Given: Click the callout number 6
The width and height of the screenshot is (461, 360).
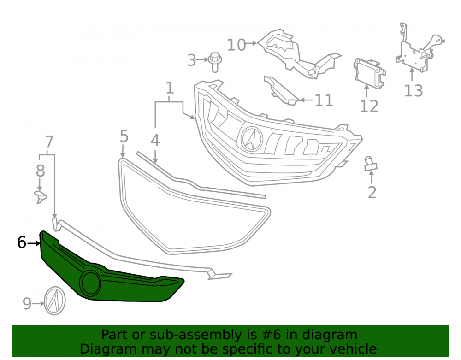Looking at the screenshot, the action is pyautogui.click(x=22, y=242).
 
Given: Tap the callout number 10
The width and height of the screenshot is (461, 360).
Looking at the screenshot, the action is pyautogui.click(x=236, y=45).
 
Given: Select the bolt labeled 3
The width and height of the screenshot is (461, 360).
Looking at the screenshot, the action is pyautogui.click(x=215, y=62).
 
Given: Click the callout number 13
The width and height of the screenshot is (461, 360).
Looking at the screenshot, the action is pyautogui.click(x=414, y=90).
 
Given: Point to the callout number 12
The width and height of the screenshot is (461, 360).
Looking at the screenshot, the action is pyautogui.click(x=369, y=106).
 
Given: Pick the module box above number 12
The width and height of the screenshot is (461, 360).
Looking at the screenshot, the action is pyautogui.click(x=369, y=73).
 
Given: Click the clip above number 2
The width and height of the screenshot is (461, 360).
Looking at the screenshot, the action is pyautogui.click(x=371, y=164).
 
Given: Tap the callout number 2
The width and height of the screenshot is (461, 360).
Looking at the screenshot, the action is pyautogui.click(x=372, y=193).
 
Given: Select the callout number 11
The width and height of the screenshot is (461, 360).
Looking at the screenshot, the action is pyautogui.click(x=324, y=100).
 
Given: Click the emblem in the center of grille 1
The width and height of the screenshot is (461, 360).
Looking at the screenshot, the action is pyautogui.click(x=252, y=139).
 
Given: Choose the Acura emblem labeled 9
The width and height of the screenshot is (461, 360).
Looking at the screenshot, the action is pyautogui.click(x=55, y=301).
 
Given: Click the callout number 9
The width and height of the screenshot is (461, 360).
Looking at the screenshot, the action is pyautogui.click(x=27, y=304).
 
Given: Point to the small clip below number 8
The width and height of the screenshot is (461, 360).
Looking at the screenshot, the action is pyautogui.click(x=41, y=196).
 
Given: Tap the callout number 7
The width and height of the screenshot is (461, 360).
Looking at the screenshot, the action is pyautogui.click(x=49, y=142).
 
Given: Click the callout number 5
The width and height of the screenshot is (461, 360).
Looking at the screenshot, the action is pyautogui.click(x=124, y=136).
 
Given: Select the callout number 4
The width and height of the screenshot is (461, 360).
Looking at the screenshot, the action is pyautogui.click(x=155, y=141).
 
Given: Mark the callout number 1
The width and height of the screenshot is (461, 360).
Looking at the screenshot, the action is pyautogui.click(x=170, y=88).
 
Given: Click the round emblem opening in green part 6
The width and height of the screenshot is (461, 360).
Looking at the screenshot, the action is pyautogui.click(x=90, y=283).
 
